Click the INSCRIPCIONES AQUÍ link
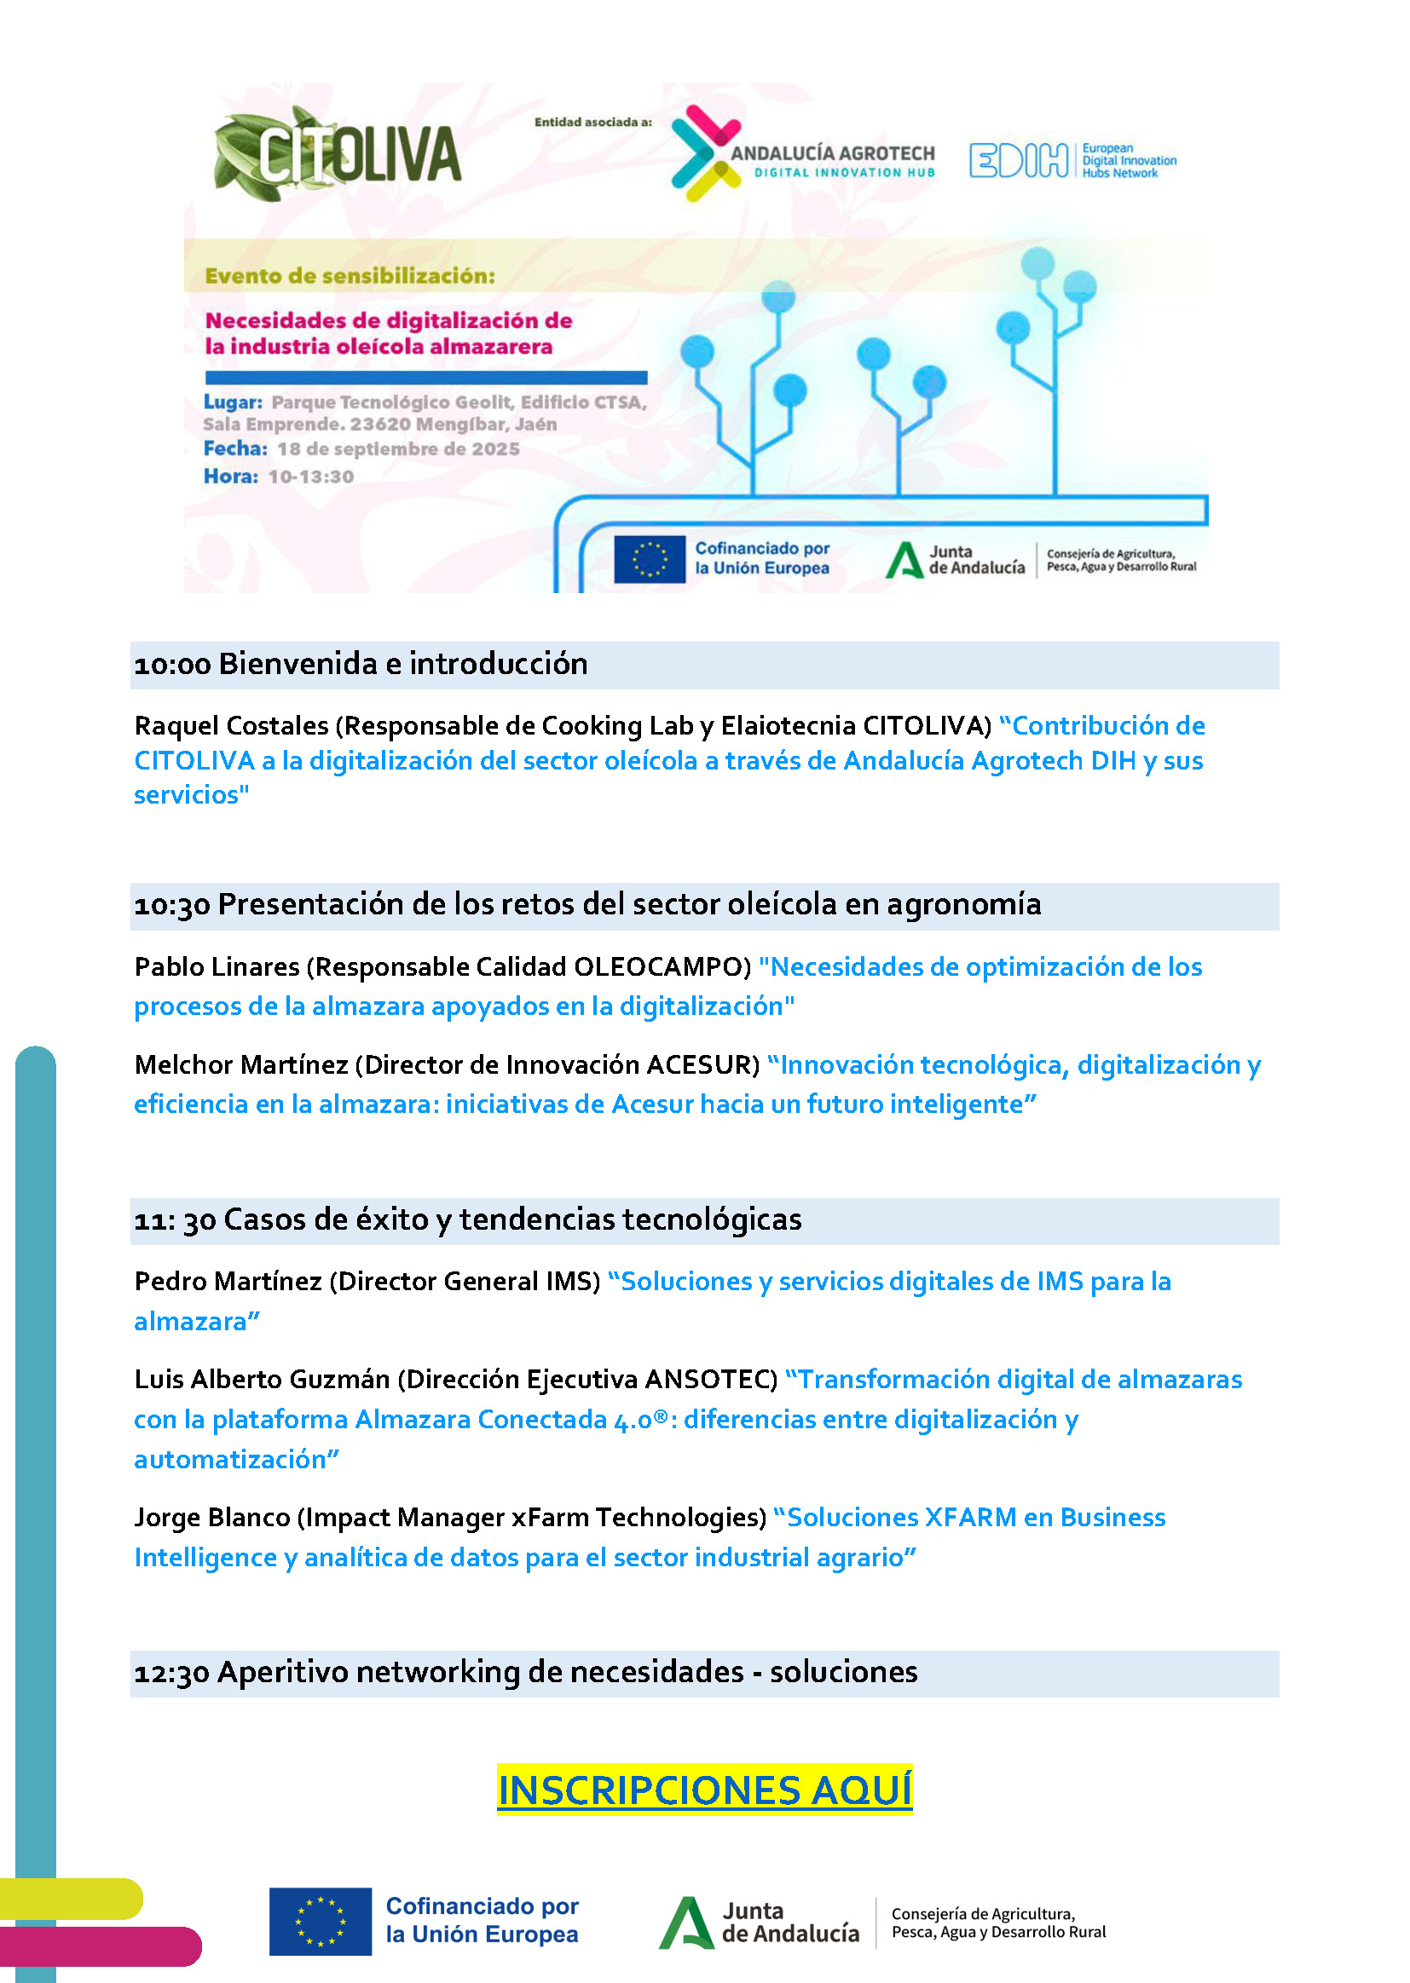click(x=704, y=1790)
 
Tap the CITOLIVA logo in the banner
click(x=338, y=153)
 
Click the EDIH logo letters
click(x=1018, y=160)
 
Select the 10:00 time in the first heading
click(x=173, y=665)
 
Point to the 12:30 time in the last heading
click(x=172, y=1672)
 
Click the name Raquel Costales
click(x=231, y=725)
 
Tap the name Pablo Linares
click(x=217, y=966)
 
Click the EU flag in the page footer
click(x=320, y=1922)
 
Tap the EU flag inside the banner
click(x=649, y=559)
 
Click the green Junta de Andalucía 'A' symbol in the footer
click(x=686, y=1922)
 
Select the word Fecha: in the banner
click(x=235, y=449)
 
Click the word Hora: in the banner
click(x=231, y=476)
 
